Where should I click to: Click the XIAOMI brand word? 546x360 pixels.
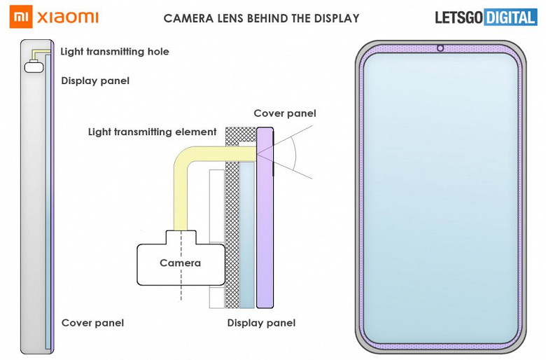coord(67,17)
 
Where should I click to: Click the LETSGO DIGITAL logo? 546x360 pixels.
coord(486,18)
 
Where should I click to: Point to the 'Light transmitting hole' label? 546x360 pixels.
coord(115,51)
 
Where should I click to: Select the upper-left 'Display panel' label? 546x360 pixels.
coord(95,81)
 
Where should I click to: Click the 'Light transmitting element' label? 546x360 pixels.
coord(153,132)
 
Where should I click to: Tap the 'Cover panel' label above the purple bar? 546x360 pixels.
coord(285,113)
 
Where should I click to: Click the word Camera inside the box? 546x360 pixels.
coord(180,263)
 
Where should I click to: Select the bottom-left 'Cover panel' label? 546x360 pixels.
coord(92,323)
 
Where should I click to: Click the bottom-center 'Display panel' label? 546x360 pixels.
coord(261,323)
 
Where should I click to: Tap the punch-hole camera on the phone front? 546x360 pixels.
coord(440,48)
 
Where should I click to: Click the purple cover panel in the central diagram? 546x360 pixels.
coord(264,231)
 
